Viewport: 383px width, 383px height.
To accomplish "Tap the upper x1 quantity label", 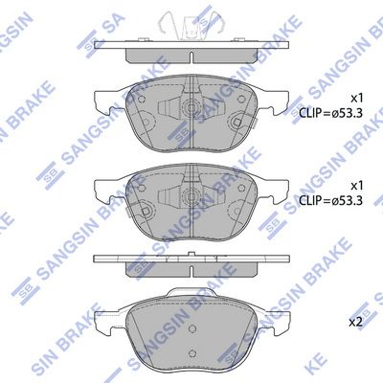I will coord(355,98).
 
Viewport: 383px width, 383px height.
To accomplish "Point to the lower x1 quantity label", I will coord(355,184).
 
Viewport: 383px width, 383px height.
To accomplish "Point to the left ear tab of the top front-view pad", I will coord(103,99).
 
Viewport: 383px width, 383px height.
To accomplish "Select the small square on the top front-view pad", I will coord(233,122).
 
